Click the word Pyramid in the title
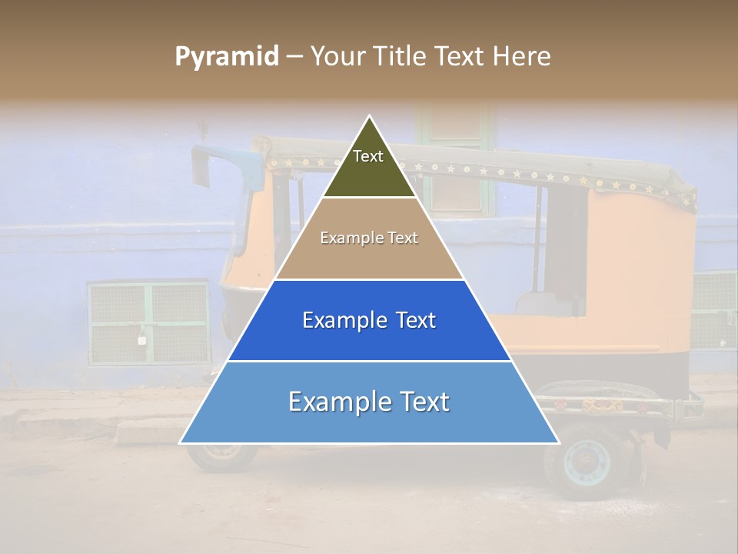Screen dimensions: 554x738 (226, 57)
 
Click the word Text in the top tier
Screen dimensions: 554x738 (368, 156)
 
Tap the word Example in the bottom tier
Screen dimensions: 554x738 (334, 402)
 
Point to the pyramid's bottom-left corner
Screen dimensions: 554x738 (181, 442)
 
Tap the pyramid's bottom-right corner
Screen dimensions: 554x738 (559, 442)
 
